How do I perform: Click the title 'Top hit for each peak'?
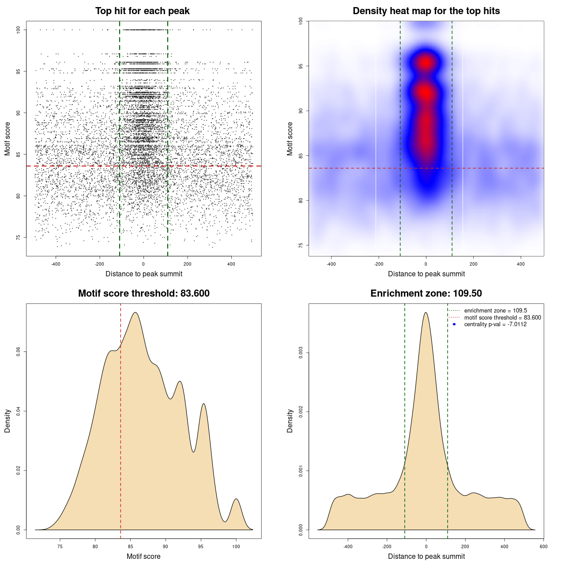click(x=142, y=11)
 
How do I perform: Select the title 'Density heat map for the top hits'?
click(x=426, y=11)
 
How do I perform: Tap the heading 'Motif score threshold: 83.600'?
click(x=143, y=294)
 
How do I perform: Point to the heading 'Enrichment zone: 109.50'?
click(x=426, y=294)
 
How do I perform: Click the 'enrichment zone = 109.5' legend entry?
click(x=495, y=311)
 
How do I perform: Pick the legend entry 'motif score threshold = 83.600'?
click(x=502, y=318)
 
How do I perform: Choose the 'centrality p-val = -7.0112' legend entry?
click(x=495, y=324)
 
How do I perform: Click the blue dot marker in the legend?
click(x=454, y=324)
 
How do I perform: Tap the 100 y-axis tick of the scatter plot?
click(x=19, y=30)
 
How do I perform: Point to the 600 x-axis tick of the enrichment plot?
click(x=543, y=546)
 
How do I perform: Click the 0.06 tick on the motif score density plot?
click(x=19, y=352)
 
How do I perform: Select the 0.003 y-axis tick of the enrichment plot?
click(x=301, y=353)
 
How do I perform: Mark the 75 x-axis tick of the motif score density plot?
click(x=60, y=546)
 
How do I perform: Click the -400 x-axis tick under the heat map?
click(x=331, y=264)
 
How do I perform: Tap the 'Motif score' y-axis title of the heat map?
click(x=290, y=139)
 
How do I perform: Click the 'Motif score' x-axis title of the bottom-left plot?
click(x=143, y=556)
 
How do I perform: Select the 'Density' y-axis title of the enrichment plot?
click(x=290, y=421)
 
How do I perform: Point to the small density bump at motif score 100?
click(x=236, y=500)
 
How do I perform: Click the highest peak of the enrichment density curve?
click(x=426, y=313)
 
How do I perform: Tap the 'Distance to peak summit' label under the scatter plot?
click(x=144, y=274)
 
